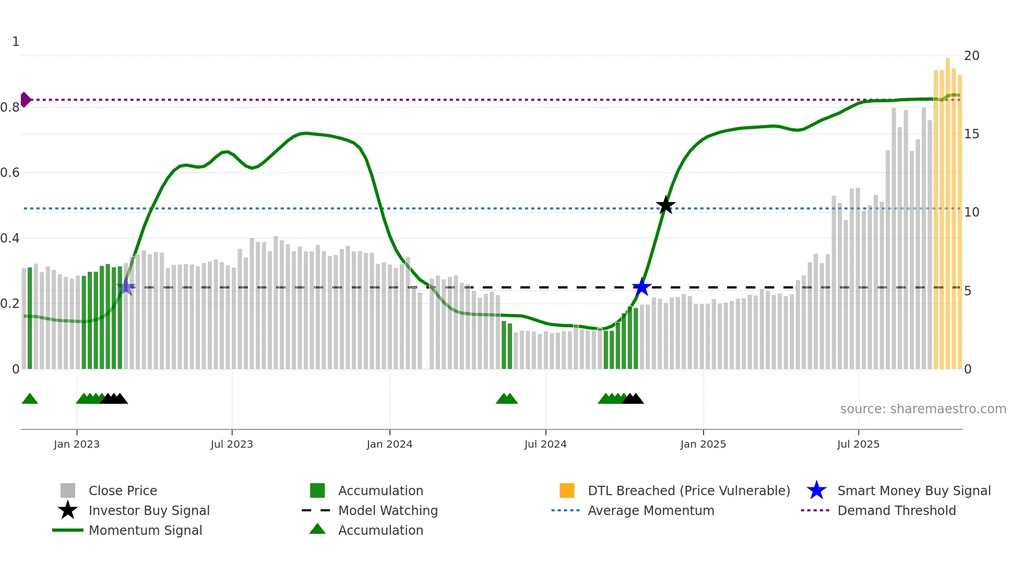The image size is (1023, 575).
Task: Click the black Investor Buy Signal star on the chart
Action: (x=665, y=206)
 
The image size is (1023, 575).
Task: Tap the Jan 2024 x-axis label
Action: (x=389, y=445)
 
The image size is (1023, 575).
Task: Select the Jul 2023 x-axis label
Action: (x=232, y=445)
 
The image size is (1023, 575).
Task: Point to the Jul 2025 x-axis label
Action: (x=858, y=445)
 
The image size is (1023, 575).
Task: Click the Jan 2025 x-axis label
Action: (x=703, y=445)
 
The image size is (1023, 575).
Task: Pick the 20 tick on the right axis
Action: (x=971, y=56)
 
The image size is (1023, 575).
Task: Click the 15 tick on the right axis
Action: (x=971, y=134)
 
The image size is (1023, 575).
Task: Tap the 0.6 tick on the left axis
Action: (x=10, y=173)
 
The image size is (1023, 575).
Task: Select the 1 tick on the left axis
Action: (x=16, y=42)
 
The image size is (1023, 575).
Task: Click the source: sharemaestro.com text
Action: (x=923, y=409)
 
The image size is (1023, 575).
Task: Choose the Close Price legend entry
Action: (x=123, y=491)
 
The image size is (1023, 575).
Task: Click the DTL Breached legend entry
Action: (x=688, y=491)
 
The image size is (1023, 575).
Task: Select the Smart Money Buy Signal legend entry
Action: (x=913, y=491)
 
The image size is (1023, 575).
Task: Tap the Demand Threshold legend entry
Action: (x=896, y=511)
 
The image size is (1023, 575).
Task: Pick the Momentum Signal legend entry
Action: (x=145, y=531)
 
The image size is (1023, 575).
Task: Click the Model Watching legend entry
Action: (x=388, y=511)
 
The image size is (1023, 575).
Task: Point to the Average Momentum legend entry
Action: (x=651, y=511)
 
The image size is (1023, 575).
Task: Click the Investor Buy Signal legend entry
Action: (x=149, y=511)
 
